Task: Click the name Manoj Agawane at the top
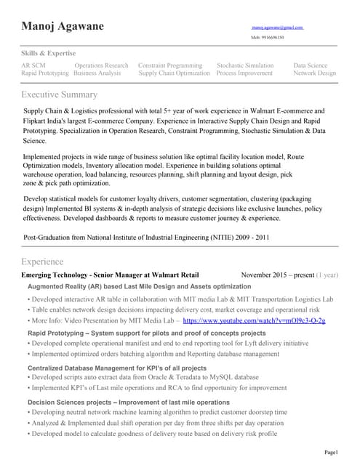point(63,27)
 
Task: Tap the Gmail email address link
point(277,27)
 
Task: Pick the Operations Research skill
point(101,65)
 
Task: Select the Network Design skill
point(315,73)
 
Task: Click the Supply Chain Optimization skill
point(174,73)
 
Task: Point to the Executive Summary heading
point(59,95)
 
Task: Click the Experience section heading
point(42,262)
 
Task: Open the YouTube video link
point(254,320)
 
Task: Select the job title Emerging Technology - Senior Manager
point(110,275)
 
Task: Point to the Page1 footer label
point(331,453)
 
